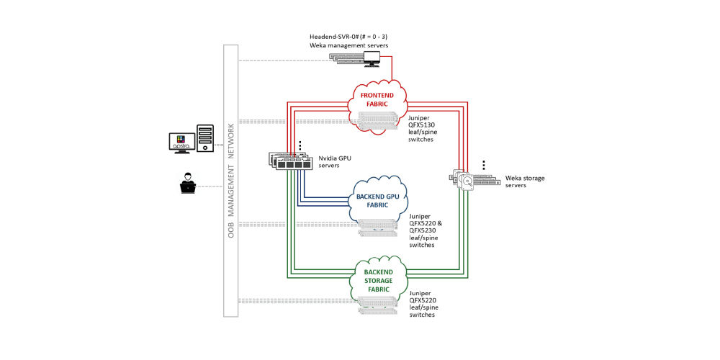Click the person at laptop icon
click(188, 184)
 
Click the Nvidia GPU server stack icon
click(291, 161)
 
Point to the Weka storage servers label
click(516, 180)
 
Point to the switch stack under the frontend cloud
click(377, 124)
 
